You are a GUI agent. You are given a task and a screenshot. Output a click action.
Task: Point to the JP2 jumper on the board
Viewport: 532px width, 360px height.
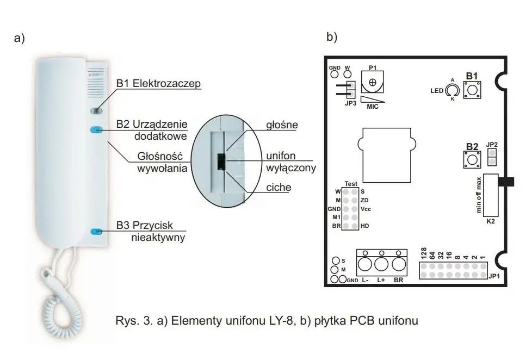point(492,158)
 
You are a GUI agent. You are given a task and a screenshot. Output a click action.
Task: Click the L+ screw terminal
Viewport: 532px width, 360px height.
point(381,265)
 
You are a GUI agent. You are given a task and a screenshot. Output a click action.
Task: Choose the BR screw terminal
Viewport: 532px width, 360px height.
point(399,265)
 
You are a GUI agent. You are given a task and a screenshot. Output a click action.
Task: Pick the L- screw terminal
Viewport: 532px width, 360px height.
point(364,265)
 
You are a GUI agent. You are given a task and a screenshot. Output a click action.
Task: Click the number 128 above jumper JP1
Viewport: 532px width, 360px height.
point(423,253)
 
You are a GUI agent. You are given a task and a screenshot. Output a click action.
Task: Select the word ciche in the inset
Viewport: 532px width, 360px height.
point(279,188)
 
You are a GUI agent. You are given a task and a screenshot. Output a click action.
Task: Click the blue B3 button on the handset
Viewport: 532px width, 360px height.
point(97,232)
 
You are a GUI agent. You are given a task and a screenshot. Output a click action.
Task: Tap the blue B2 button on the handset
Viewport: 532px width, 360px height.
point(96,130)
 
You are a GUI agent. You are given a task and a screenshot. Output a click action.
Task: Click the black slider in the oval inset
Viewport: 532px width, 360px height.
point(222,162)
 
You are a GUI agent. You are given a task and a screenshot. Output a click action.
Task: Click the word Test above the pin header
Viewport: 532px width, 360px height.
point(351,184)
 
